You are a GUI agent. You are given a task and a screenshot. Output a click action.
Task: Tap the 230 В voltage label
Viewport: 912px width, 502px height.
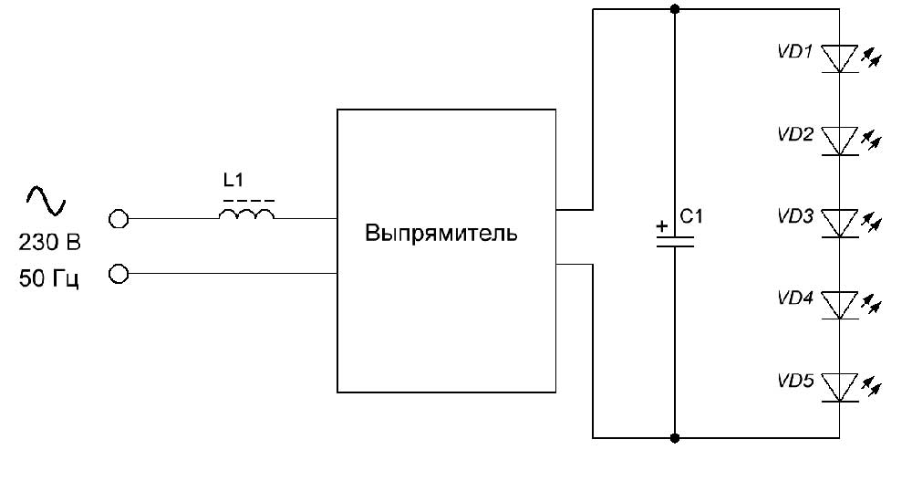[x=49, y=244]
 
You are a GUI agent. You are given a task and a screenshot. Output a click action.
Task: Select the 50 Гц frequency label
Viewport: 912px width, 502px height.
[x=49, y=279]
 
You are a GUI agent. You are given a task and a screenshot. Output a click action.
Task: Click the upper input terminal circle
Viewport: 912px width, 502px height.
[x=118, y=219]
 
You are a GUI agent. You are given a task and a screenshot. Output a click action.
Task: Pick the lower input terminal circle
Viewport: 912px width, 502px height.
[x=118, y=273]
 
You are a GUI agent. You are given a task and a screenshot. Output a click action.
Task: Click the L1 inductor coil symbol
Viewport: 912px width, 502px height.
[x=246, y=215]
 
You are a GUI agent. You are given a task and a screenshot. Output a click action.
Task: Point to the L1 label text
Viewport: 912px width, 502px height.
[x=233, y=183]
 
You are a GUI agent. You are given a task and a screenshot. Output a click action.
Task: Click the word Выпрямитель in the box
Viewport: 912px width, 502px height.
[x=441, y=234]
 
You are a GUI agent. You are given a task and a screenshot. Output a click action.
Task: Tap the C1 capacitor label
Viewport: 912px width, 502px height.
[x=693, y=216]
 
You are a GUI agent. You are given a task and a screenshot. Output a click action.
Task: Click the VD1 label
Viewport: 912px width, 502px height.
[x=794, y=52]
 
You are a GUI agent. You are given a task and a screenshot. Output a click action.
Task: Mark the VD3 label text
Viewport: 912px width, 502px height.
[x=794, y=216]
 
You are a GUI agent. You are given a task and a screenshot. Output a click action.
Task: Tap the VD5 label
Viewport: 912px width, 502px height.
[x=794, y=381]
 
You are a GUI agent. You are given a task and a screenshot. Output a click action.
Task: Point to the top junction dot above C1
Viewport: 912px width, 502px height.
[x=675, y=10]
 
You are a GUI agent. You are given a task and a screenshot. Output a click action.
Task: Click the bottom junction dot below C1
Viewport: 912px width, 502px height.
[x=675, y=438]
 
